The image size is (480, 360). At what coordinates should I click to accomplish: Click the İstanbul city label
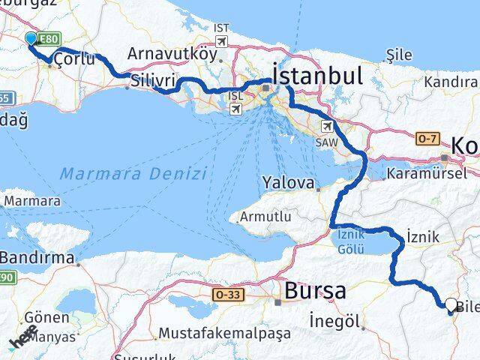coord(318,76)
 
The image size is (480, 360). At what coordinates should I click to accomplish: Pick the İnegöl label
coord(337,322)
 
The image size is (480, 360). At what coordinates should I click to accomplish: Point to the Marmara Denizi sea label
coord(133,173)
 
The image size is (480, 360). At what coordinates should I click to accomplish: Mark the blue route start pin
coord(31,39)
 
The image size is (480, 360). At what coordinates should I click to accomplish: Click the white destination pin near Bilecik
coord(450,304)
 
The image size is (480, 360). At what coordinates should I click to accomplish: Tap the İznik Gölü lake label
coord(350,241)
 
